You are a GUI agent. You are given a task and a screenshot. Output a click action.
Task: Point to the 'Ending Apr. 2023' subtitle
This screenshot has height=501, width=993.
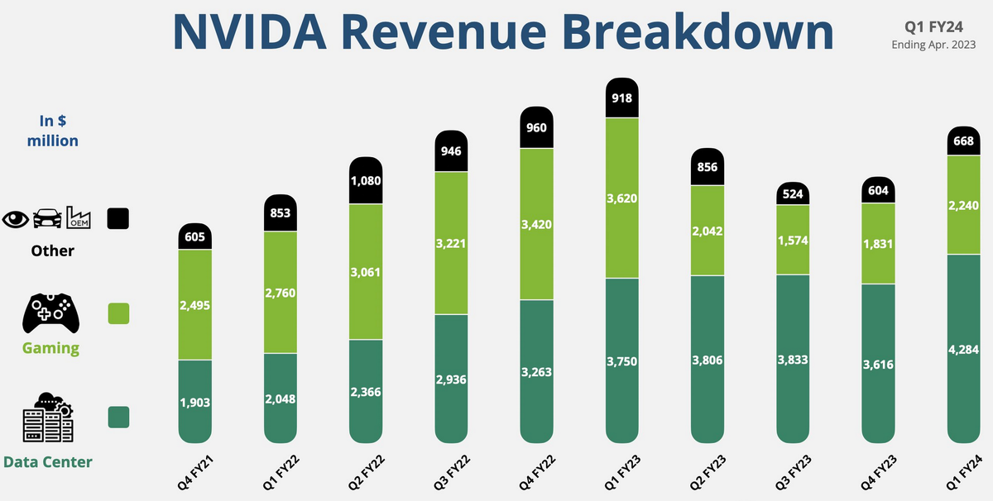click(x=934, y=45)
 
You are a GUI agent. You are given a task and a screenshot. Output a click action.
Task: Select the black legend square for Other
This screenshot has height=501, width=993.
click(x=118, y=218)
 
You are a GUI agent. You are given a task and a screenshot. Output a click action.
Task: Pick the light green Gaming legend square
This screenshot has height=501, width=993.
click(x=118, y=313)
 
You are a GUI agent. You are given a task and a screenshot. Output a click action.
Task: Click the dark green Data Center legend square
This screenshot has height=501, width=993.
click(x=118, y=417)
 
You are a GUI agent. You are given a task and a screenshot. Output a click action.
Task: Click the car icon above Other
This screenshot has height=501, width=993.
click(x=46, y=219)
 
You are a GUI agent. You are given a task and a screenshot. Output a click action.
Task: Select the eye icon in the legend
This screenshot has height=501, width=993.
click(x=16, y=219)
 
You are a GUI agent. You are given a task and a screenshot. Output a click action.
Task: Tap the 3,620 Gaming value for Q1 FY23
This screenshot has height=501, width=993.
click(x=622, y=198)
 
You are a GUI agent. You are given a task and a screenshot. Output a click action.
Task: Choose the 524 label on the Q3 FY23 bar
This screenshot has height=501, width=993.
click(x=794, y=194)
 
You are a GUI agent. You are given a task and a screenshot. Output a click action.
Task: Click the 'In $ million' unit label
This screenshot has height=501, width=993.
click(x=53, y=131)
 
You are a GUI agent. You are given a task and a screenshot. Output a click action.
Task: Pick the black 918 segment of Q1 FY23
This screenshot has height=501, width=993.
click(x=622, y=98)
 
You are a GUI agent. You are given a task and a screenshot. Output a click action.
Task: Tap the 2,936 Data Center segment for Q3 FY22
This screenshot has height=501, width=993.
click(x=452, y=379)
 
